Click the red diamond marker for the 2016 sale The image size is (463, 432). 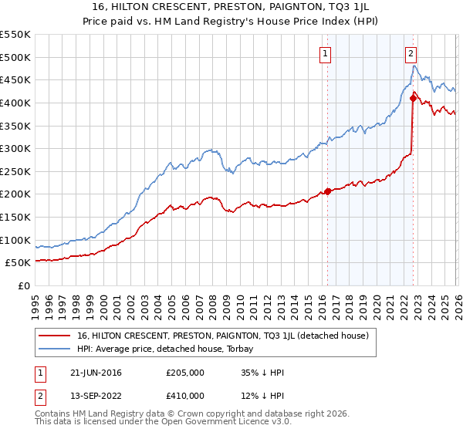click(327, 191)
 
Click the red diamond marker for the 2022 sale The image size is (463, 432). click(413, 96)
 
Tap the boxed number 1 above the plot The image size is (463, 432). click(326, 53)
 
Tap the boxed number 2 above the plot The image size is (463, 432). click(411, 53)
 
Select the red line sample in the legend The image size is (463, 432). click(55, 336)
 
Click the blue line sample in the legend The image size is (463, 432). click(55, 348)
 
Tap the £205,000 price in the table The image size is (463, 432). click(186, 373)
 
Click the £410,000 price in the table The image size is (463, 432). click(186, 396)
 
